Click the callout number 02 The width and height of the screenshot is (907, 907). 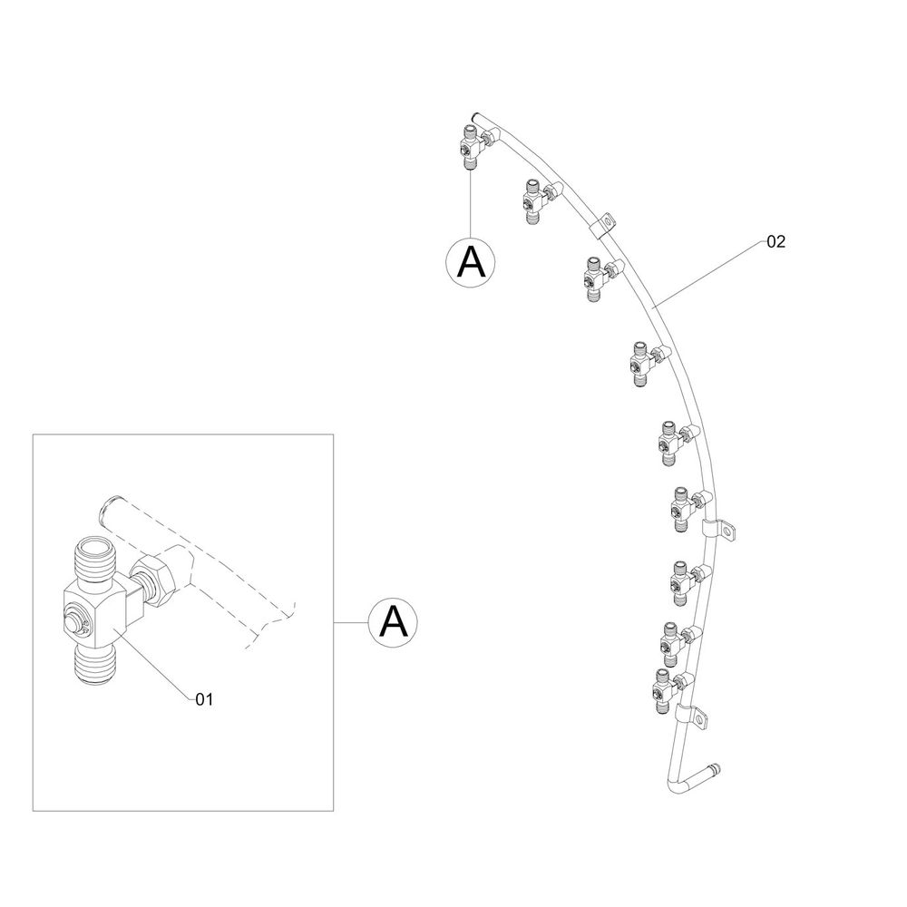(x=775, y=242)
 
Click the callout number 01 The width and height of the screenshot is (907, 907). (x=204, y=700)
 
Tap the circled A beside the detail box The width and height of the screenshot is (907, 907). (x=394, y=622)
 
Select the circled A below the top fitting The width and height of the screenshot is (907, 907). (x=471, y=262)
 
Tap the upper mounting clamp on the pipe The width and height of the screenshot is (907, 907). (x=602, y=225)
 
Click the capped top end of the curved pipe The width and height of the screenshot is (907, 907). (x=475, y=117)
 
